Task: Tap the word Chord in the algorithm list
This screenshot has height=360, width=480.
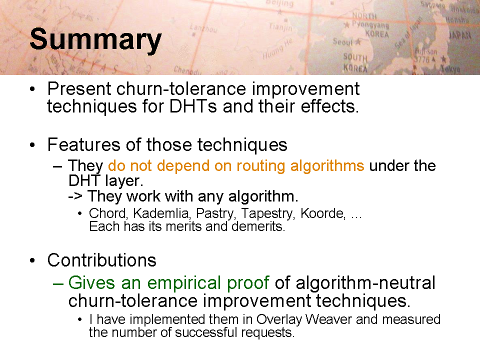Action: point(107,213)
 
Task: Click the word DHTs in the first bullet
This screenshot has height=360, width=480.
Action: point(193,106)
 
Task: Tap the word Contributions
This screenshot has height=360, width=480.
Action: point(101,260)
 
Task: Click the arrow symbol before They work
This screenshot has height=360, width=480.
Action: point(75,196)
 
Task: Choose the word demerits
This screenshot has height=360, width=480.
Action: point(258,226)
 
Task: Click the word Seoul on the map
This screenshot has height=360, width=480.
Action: point(342,41)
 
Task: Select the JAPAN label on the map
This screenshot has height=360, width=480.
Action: point(460,35)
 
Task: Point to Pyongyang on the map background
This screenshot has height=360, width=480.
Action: point(370,24)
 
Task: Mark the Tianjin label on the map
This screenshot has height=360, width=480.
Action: point(280,27)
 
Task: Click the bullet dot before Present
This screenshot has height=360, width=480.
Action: point(32,89)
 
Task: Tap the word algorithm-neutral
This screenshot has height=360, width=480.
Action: point(365,283)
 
